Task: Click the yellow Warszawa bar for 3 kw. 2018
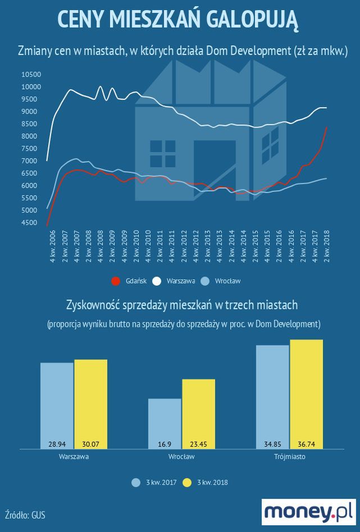[90, 404]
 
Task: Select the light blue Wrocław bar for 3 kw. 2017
[165, 424]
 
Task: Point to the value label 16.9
[165, 444]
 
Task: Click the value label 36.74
[307, 444]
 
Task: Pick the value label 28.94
[57, 444]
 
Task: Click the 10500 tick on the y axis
[31, 75]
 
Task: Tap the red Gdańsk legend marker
[116, 281]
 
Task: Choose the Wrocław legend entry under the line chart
[229, 281]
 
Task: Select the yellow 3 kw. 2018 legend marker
[188, 482]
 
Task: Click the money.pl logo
[308, 511]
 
